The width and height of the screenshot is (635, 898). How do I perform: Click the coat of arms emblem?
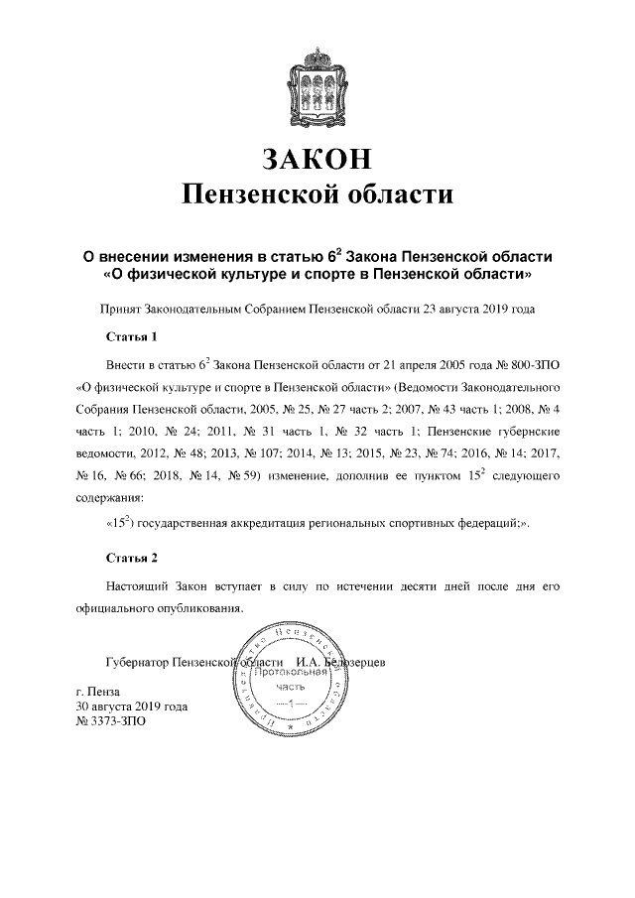tap(317, 80)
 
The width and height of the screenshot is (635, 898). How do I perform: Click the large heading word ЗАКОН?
tap(317, 158)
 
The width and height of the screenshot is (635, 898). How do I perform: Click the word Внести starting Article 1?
tap(127, 361)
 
